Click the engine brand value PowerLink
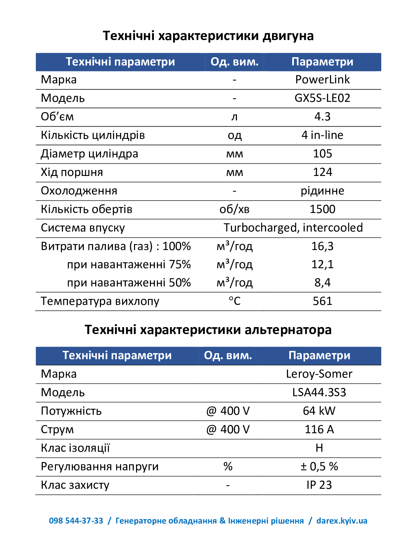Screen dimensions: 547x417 [x=322, y=80]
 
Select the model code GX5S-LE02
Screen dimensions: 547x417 [x=322, y=98]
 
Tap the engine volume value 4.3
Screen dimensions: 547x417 [x=322, y=117]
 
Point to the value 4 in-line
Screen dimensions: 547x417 [x=322, y=135]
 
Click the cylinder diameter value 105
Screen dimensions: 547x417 [x=322, y=154]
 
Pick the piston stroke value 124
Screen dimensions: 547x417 [x=322, y=172]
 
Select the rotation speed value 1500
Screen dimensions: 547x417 [x=322, y=209]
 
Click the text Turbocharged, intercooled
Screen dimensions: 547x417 [x=293, y=228]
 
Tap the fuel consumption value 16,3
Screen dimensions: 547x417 [x=322, y=246]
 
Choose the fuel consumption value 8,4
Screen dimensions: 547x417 [x=322, y=283]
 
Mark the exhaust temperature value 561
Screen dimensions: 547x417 [x=322, y=301]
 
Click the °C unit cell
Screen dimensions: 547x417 [x=235, y=301]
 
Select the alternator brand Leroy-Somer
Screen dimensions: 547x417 [x=319, y=374]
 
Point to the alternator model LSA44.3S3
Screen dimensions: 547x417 [x=319, y=393]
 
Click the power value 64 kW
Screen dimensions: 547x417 [x=319, y=411]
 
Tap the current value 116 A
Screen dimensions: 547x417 [x=319, y=430]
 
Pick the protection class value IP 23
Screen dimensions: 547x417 [x=319, y=485]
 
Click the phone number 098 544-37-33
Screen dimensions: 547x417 [x=76, y=521]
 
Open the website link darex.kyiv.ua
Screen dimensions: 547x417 [x=342, y=521]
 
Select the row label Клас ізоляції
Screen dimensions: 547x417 [x=75, y=448]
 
